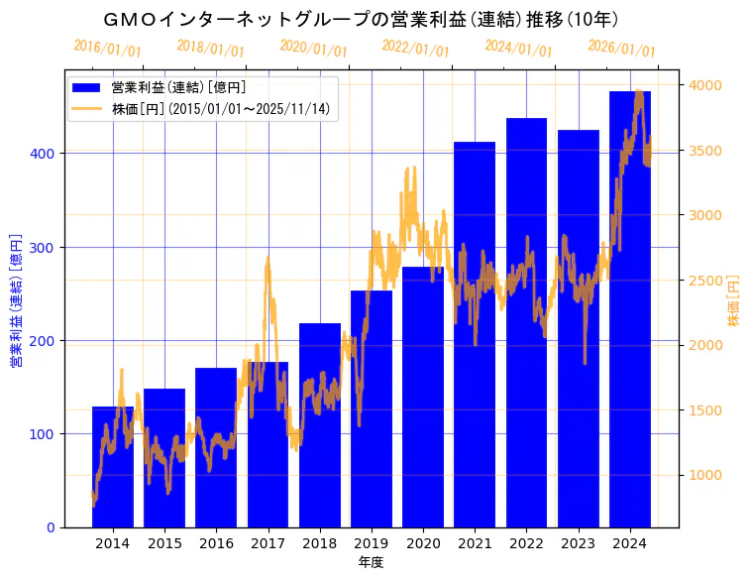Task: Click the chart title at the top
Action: [362, 19]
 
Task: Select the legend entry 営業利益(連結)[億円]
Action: [178, 88]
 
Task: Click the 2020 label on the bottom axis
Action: [423, 543]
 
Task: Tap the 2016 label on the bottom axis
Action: [216, 543]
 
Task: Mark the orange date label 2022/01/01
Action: [415, 49]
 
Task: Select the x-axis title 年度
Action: [371, 562]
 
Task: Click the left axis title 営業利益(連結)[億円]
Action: [16, 300]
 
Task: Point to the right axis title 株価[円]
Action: [734, 307]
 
